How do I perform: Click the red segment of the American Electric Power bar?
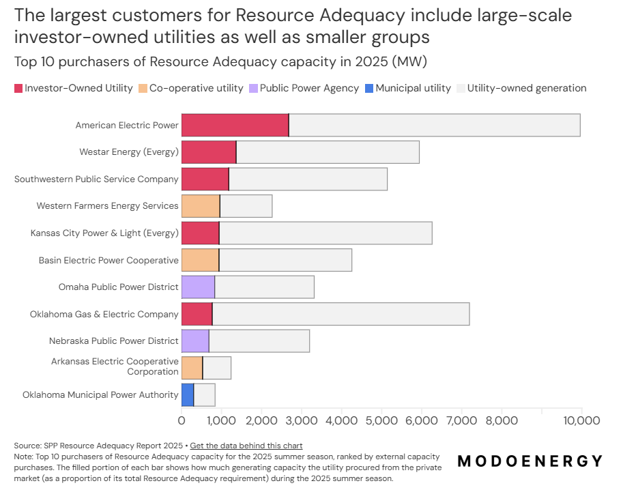[235, 126]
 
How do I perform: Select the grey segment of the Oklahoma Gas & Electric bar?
[341, 314]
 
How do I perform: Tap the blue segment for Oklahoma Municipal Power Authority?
[188, 395]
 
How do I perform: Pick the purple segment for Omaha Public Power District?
[198, 287]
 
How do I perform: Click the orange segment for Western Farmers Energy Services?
[201, 206]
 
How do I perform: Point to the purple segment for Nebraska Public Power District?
[195, 341]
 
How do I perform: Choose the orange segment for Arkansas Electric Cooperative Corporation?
[192, 368]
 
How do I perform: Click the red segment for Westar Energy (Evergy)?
[209, 152]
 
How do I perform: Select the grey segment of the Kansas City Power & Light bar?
[325, 233]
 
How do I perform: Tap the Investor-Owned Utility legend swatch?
[18, 88]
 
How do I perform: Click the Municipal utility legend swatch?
[369, 88]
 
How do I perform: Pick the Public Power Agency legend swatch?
[254, 88]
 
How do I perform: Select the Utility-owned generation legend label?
[526, 88]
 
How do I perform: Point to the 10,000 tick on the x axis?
[581, 420]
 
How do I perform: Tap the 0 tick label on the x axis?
[182, 420]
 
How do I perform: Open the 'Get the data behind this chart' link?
[246, 446]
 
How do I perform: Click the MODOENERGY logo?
[530, 461]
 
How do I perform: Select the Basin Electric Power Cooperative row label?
[108, 260]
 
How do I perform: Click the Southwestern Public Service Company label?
[96, 179]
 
